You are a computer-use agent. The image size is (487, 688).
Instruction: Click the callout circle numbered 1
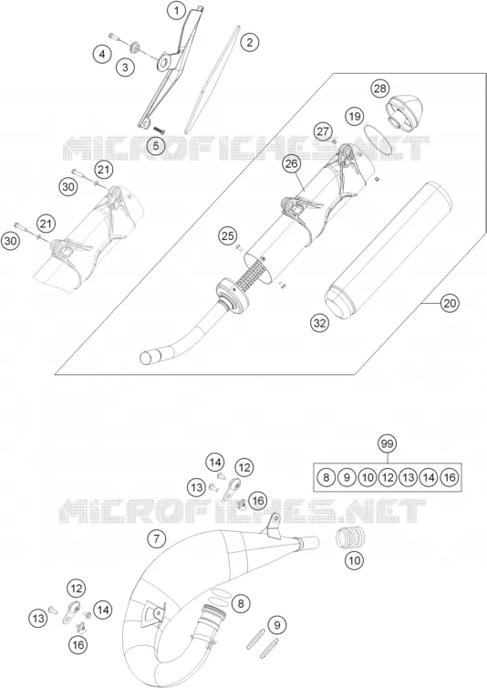point(176,11)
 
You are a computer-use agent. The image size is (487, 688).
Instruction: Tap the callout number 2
point(250,43)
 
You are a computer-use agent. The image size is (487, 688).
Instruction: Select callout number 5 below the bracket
point(156,146)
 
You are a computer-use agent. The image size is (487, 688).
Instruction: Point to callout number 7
point(157,538)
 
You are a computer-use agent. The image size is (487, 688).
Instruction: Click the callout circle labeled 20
point(451,303)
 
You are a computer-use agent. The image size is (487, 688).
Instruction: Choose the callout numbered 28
point(380,89)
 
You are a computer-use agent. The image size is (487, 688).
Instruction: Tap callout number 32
point(320,323)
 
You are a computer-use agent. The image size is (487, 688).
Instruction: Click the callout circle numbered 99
point(388,444)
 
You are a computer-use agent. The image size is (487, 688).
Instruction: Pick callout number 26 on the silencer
point(291,164)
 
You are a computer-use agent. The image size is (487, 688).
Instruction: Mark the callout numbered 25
point(228,236)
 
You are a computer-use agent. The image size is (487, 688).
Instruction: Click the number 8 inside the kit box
point(326,477)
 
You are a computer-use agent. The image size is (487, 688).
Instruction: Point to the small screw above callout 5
point(159,130)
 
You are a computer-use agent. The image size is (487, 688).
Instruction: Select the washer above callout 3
point(135,46)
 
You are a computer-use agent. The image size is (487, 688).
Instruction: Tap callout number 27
point(323,131)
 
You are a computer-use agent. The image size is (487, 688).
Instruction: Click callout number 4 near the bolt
point(102,55)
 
